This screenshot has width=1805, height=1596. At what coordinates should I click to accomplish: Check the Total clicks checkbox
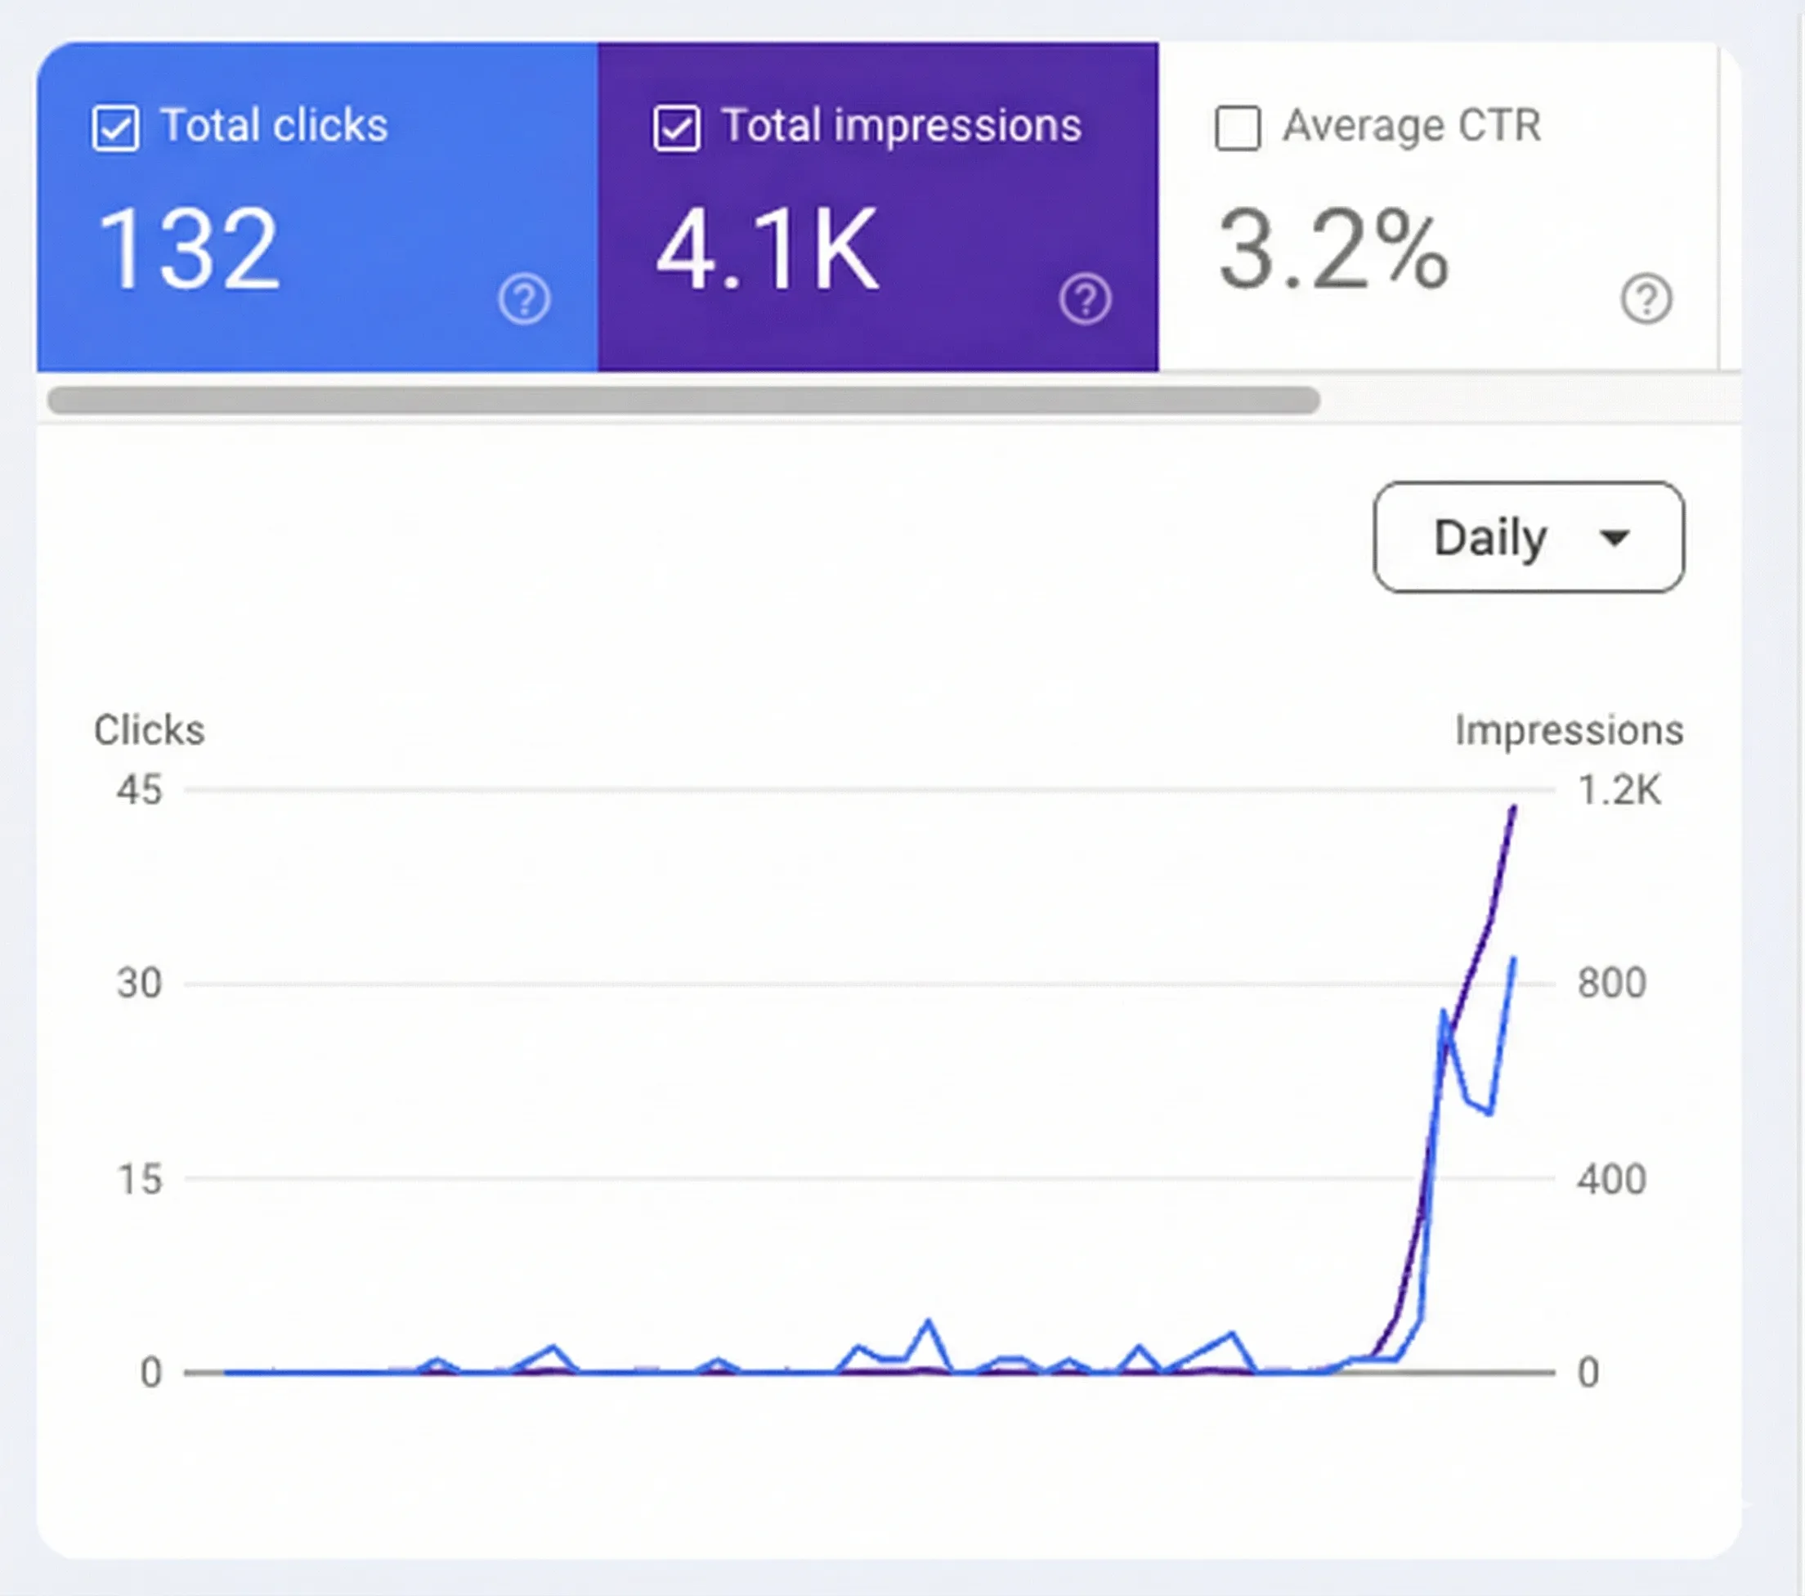click(116, 128)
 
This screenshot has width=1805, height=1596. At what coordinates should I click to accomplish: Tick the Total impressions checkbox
click(676, 128)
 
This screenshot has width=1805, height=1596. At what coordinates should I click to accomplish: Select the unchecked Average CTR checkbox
click(1237, 128)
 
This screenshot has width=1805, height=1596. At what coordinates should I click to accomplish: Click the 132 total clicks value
click(189, 249)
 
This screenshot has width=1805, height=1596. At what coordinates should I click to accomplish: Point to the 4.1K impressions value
click(767, 249)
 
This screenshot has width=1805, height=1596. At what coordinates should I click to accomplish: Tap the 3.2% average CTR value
click(1332, 251)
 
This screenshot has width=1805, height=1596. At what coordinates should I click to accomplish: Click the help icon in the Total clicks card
click(525, 298)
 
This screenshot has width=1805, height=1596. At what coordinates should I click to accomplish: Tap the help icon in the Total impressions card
click(1086, 298)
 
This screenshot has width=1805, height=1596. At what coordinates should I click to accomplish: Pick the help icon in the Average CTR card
click(1646, 298)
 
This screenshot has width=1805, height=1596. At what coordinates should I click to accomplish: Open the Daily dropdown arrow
click(1615, 537)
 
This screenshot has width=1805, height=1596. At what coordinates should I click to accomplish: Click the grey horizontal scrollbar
click(683, 400)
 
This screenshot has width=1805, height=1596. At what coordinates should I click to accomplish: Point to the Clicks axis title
click(150, 730)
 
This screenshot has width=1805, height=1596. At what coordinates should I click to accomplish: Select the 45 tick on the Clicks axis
click(140, 790)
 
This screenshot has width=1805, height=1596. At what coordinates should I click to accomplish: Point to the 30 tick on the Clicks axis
click(140, 983)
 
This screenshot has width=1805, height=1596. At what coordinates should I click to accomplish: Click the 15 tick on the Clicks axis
click(140, 1179)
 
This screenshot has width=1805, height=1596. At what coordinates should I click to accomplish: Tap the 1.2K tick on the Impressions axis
click(1619, 790)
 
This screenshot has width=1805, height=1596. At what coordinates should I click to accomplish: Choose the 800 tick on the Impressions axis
click(1611, 983)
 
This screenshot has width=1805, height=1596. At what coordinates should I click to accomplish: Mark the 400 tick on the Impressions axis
click(1611, 1179)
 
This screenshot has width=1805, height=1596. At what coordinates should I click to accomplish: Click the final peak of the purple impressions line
click(1515, 807)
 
